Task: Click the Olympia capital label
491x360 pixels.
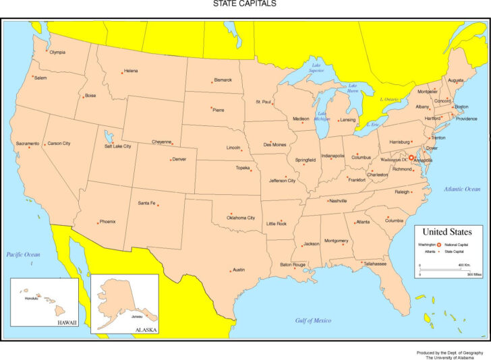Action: pos(57,52)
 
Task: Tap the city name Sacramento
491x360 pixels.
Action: pos(28,144)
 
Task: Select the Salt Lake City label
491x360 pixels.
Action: pos(117,146)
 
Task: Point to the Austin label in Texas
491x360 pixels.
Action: pos(239,270)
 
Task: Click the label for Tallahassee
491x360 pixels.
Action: pos(375,264)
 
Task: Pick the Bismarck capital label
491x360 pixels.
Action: pos(223,80)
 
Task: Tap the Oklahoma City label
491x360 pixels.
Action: pos(241,218)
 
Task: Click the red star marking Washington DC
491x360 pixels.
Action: pos(412,159)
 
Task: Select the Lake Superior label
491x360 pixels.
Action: pos(316,68)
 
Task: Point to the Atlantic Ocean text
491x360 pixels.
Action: pos(462,189)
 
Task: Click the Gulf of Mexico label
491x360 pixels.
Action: pos(313,320)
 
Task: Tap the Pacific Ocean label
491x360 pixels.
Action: pos(24,254)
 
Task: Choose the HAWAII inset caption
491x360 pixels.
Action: pos(67,323)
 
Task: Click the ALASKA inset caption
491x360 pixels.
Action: pos(146,330)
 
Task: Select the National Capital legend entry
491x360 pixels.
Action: pos(457,244)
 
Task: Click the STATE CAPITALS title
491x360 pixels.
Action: pos(245,4)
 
